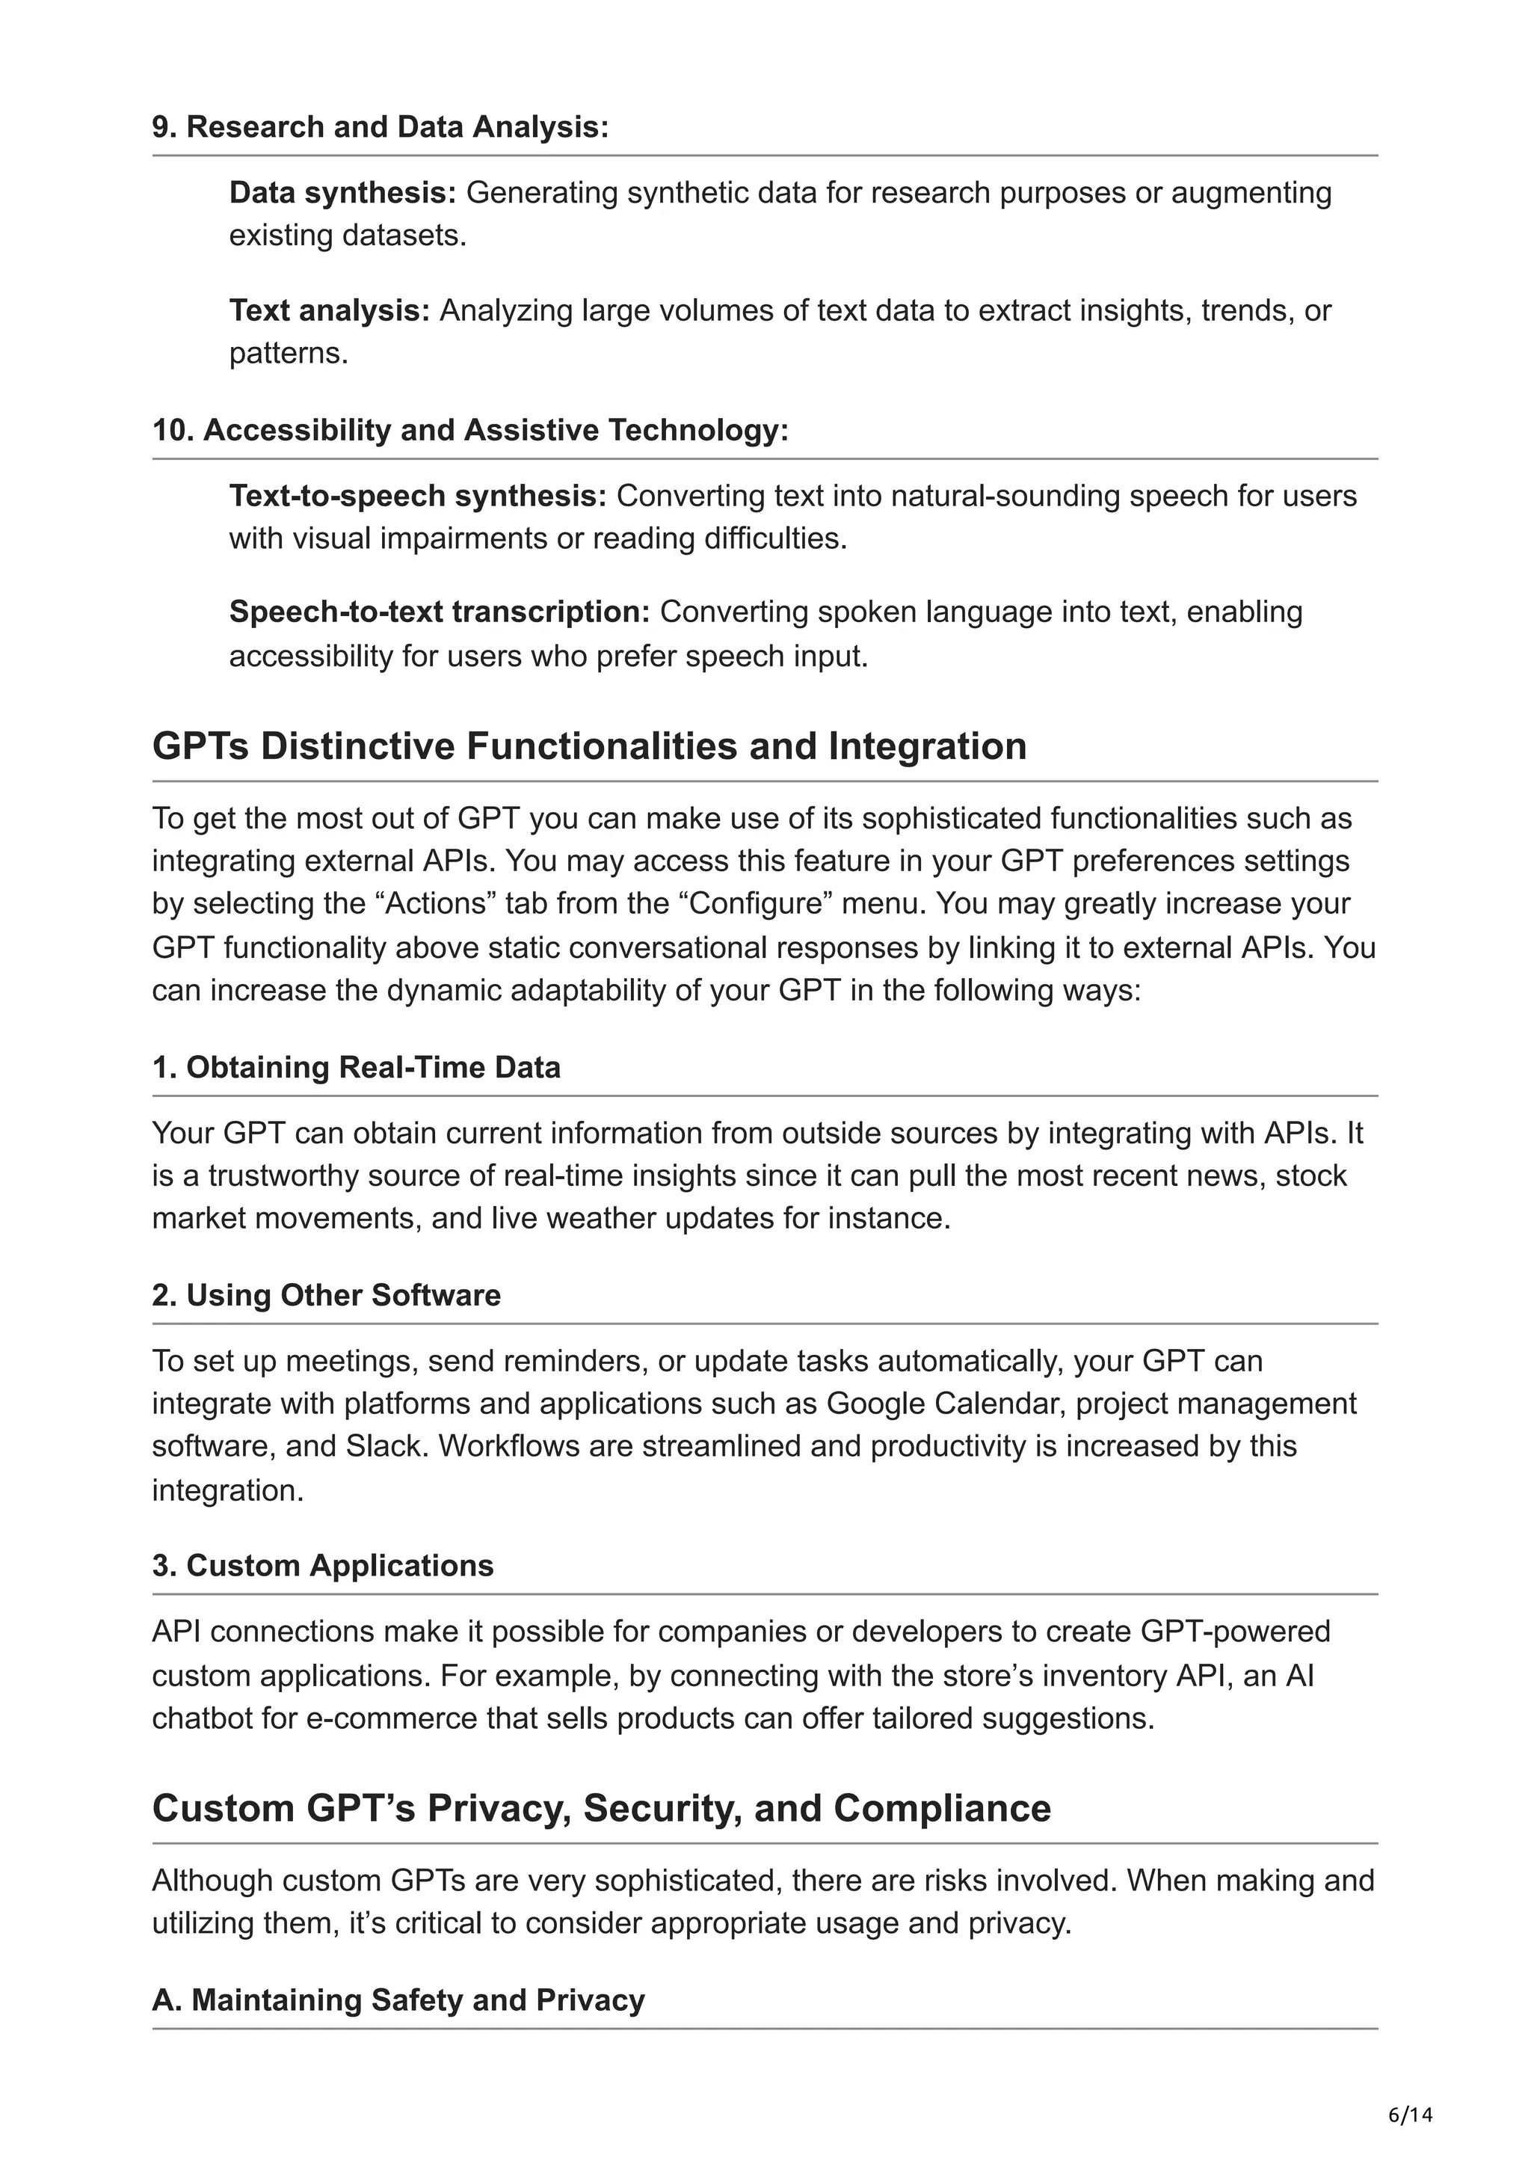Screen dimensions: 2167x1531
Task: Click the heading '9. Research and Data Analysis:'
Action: click(381, 126)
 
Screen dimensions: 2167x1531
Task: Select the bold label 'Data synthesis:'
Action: click(342, 192)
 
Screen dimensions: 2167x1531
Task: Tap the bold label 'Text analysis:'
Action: click(329, 310)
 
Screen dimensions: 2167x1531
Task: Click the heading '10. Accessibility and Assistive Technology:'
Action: click(469, 431)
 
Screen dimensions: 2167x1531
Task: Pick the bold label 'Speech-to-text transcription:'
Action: click(440, 612)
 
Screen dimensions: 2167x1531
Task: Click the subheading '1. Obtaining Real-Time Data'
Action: click(356, 1068)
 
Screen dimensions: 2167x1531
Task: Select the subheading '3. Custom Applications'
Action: click(323, 1566)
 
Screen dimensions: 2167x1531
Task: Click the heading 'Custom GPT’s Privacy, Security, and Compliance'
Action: click(601, 1808)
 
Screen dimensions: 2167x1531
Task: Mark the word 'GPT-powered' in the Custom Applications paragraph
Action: click(1235, 1632)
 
